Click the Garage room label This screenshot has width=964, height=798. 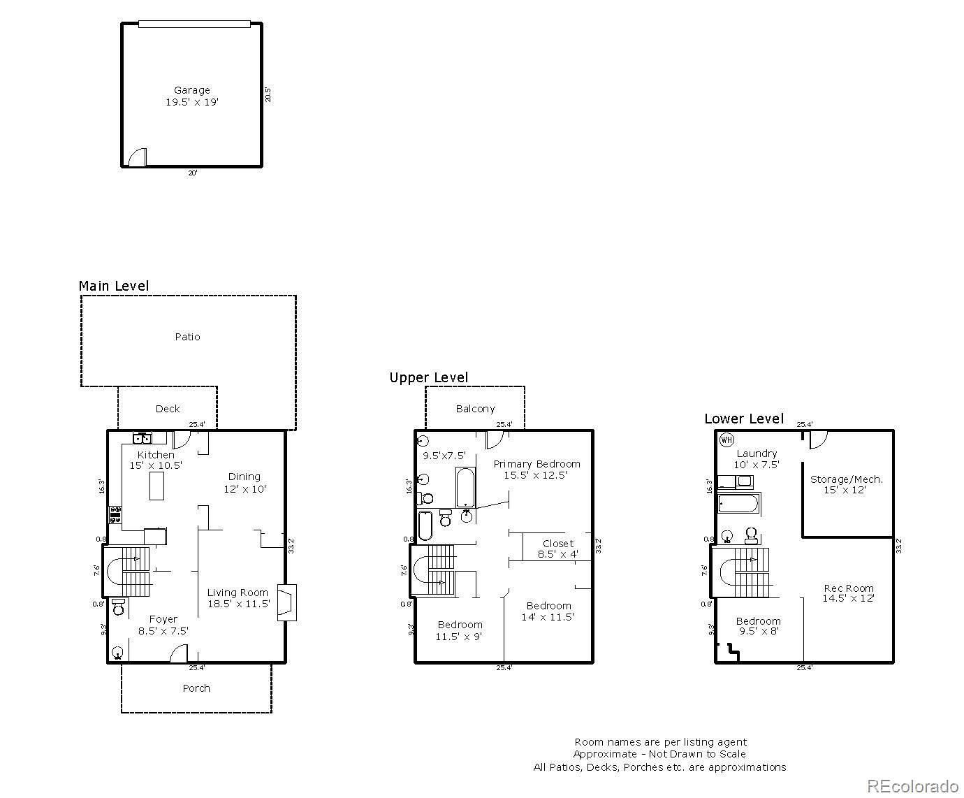tap(192, 96)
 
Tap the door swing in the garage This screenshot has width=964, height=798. tap(138, 158)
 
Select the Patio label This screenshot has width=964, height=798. tap(187, 337)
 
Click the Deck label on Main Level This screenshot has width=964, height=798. tap(168, 409)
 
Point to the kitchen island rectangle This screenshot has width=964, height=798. tap(157, 486)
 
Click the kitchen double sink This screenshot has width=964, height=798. tap(143, 438)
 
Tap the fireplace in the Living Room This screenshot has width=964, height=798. tap(286, 602)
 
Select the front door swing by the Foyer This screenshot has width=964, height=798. tap(179, 654)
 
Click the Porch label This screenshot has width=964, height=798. tap(196, 688)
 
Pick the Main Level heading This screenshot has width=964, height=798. tap(114, 286)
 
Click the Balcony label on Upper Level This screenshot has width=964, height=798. tap(475, 409)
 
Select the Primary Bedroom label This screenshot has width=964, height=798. tap(536, 469)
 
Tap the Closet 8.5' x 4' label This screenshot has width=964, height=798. tap(557, 549)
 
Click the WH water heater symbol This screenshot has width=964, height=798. tap(726, 440)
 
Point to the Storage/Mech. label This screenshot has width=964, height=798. tap(847, 484)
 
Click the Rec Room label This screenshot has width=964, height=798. tap(848, 593)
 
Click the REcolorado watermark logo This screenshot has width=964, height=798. tap(912, 785)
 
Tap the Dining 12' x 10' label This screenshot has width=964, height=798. tap(244, 483)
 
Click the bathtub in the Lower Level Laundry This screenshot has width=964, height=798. tap(738, 503)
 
